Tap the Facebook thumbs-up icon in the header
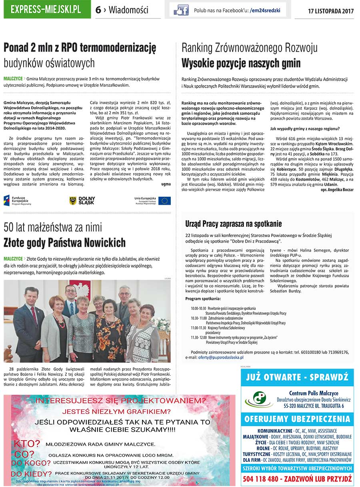pos(181,10)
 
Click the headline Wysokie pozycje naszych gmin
pos(241,64)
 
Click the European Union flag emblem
pos(164,201)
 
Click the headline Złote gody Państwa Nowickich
pos(64,243)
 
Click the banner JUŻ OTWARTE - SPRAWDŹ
pos(297,377)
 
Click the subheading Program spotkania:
pos(203,299)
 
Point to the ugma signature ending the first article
pos(166,184)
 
